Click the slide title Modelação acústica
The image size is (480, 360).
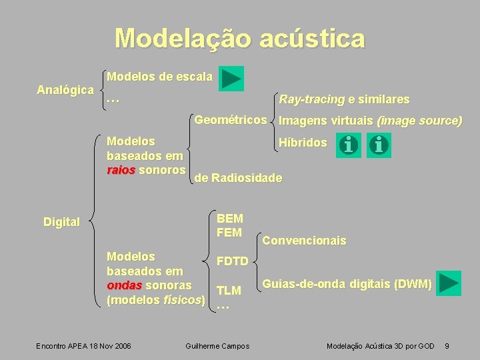pyautogui.click(x=240, y=38)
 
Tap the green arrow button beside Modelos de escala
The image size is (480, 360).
pyautogui.click(x=231, y=78)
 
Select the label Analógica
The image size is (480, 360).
pyautogui.click(x=65, y=89)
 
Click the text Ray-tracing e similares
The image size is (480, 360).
pyautogui.click(x=344, y=99)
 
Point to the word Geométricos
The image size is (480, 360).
pyautogui.click(x=230, y=120)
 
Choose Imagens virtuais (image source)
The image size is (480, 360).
pyautogui.click(x=370, y=121)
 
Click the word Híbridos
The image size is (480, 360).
pyautogui.click(x=303, y=143)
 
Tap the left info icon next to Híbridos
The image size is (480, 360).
pyautogui.click(x=347, y=145)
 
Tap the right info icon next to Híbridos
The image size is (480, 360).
pyautogui.click(x=379, y=145)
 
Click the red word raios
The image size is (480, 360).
pyautogui.click(x=121, y=170)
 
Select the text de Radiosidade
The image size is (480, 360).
pyautogui.click(x=238, y=178)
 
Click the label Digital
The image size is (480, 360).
pyautogui.click(x=61, y=222)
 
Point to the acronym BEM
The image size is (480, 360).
pyautogui.click(x=230, y=219)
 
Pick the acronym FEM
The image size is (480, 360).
pyautogui.click(x=229, y=233)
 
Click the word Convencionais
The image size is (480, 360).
pyautogui.click(x=305, y=241)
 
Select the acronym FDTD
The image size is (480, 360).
pyautogui.click(x=232, y=261)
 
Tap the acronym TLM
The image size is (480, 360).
pyautogui.click(x=229, y=290)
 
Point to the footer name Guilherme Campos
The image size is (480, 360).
pyautogui.click(x=217, y=345)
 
